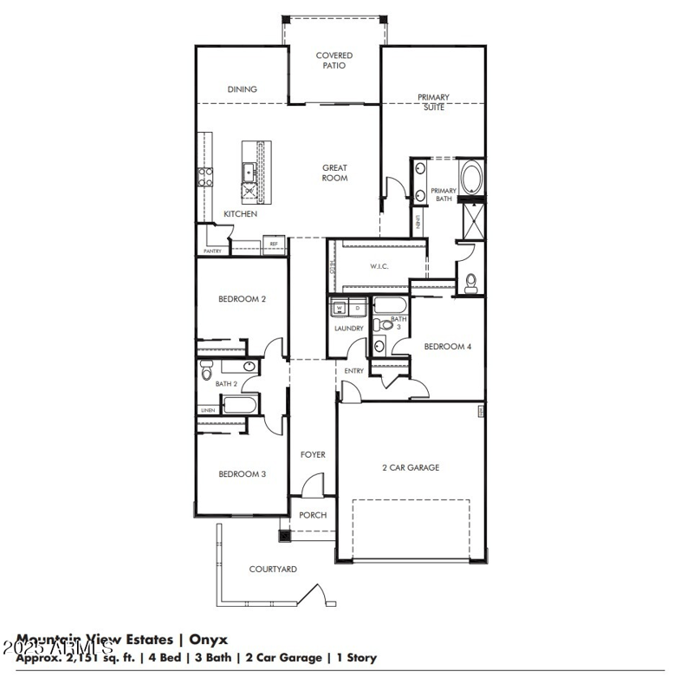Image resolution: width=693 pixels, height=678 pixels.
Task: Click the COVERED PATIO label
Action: [x=334, y=61]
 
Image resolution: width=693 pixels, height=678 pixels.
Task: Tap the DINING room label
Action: [x=242, y=89]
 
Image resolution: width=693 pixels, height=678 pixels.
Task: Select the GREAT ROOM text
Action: [x=334, y=173]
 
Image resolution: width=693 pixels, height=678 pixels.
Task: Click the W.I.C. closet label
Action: [x=379, y=266]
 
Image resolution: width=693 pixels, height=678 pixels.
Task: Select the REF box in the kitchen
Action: [x=274, y=245]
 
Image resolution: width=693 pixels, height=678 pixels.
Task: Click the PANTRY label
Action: [x=212, y=251]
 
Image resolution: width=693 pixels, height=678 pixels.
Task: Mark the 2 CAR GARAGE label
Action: [x=411, y=467]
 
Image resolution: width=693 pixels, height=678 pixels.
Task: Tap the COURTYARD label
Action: [x=273, y=570]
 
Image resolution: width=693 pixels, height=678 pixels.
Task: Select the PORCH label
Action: [x=313, y=515]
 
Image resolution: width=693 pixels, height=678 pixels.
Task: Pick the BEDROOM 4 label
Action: [x=447, y=347]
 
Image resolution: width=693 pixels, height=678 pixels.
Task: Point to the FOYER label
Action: [x=313, y=454]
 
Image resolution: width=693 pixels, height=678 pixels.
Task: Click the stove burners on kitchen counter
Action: [x=206, y=177]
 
